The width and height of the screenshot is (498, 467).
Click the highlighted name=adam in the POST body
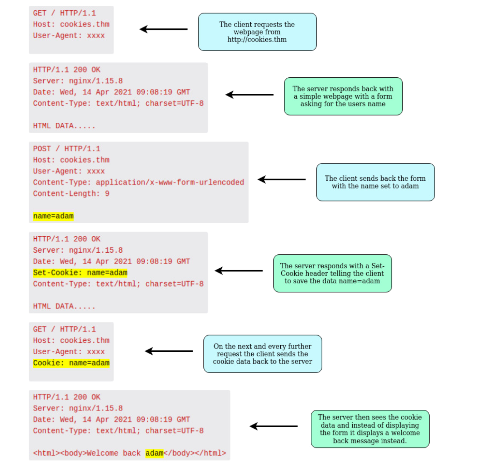53,216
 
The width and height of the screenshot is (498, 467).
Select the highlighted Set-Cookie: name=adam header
80,273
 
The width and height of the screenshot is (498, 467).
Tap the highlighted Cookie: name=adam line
71,363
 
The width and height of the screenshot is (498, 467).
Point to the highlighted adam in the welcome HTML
154,453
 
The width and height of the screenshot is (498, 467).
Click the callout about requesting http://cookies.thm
257,32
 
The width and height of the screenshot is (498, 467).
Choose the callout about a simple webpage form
343,96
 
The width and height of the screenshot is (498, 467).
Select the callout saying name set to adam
375,182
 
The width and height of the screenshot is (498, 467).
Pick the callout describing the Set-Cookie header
332,273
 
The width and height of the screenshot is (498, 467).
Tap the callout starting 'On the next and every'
262,354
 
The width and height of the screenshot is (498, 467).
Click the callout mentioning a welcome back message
370,429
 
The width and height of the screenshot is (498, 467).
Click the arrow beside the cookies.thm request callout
164,29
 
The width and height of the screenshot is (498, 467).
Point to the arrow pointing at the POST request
282,179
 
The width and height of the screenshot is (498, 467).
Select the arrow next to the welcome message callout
274,426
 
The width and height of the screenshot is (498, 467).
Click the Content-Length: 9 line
71,194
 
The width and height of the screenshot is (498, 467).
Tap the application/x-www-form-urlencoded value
170,183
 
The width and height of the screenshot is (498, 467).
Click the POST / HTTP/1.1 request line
67,149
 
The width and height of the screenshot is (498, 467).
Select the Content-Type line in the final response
118,431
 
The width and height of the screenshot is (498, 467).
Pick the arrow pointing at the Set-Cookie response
239,271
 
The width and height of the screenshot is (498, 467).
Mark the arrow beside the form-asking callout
250,94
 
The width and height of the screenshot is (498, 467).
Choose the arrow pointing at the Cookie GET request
169,351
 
